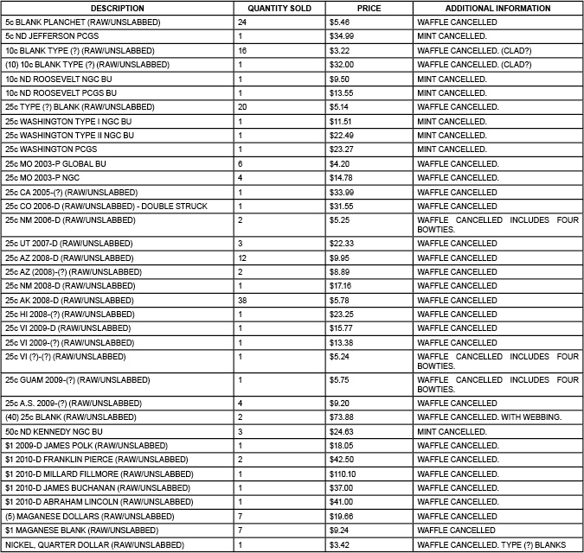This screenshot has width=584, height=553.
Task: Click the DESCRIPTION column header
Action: (x=117, y=8)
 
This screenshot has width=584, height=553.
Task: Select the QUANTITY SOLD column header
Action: (x=279, y=8)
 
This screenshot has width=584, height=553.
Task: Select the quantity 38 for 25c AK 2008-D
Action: (x=243, y=300)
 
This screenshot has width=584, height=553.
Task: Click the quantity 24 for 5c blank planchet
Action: (x=242, y=22)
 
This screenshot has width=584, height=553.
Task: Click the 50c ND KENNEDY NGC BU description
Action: (x=54, y=431)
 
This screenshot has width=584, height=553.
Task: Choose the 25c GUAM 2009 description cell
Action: (x=61, y=379)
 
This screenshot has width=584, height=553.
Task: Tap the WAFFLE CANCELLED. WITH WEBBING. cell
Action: (x=489, y=417)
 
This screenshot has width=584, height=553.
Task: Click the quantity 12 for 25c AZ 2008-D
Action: (x=243, y=257)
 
